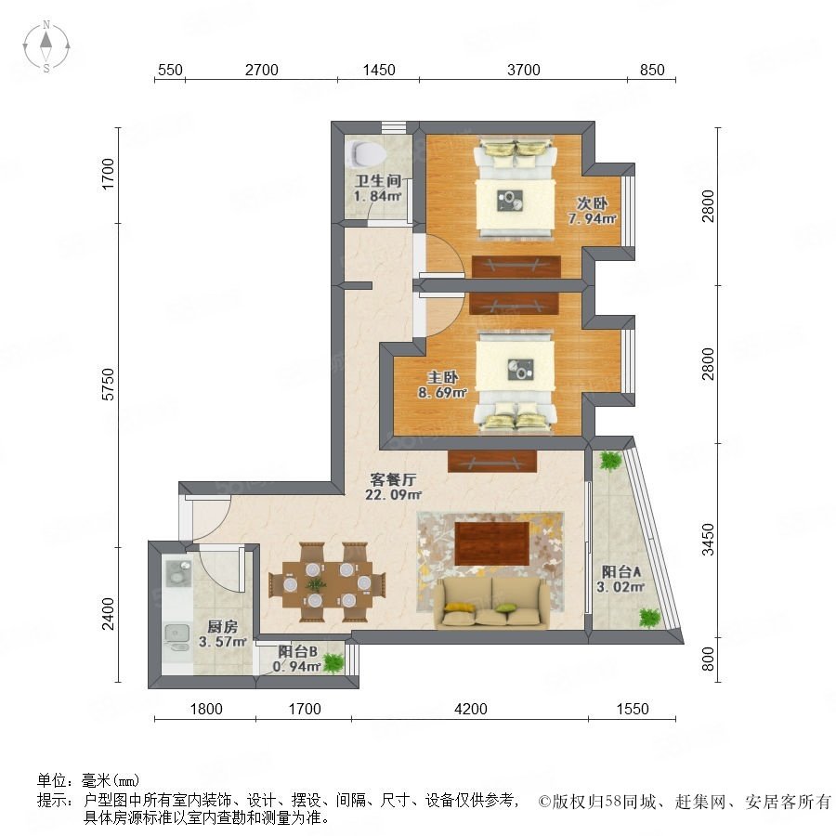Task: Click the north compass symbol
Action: [x=46, y=46]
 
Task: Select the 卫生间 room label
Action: [x=377, y=181]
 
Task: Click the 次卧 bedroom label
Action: [x=592, y=203]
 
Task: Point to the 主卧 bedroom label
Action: [x=442, y=377]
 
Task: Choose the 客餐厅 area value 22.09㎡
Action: [x=394, y=495]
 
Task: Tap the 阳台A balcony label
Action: [x=621, y=572]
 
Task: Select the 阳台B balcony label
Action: [x=297, y=651]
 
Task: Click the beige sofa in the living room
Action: [x=491, y=602]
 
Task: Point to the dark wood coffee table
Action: [x=492, y=543]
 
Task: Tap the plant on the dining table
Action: [x=316, y=584]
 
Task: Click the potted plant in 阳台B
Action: [x=333, y=662]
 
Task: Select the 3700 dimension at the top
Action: [x=524, y=70]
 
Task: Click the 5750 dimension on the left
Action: [x=109, y=385]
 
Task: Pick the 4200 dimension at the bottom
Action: [x=471, y=709]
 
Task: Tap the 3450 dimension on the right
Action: [x=708, y=540]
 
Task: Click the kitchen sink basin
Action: [x=177, y=634]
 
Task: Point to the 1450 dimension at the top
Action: [x=379, y=70]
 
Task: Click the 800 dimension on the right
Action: [x=708, y=659]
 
